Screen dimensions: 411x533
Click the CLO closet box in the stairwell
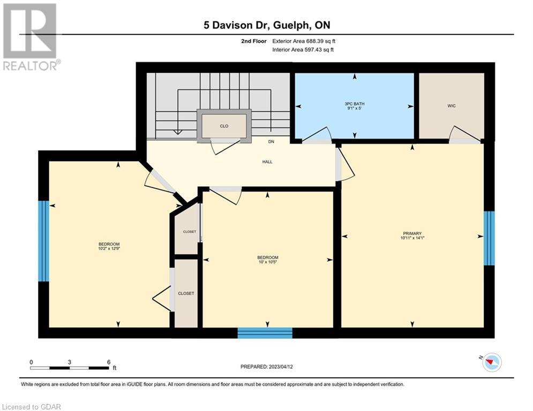pyautogui.click(x=224, y=126)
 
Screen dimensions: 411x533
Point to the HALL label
pyautogui.click(x=267, y=162)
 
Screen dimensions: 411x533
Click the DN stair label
pyautogui.click(x=271, y=141)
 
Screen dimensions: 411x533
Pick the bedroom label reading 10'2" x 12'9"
pyautogui.click(x=109, y=247)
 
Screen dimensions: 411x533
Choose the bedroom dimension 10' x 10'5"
pyautogui.click(x=267, y=262)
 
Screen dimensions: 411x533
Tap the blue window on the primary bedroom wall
pyautogui.click(x=489, y=238)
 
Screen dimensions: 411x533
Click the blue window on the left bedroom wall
pyautogui.click(x=43, y=241)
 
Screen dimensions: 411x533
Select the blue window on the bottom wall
pyautogui.click(x=265, y=333)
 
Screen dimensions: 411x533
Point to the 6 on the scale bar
pyautogui.click(x=109, y=362)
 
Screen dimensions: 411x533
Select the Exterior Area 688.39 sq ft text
pyautogui.click(x=304, y=41)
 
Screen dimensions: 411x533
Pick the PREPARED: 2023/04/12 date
pyautogui.click(x=267, y=367)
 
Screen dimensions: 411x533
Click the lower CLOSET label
pyautogui.click(x=186, y=293)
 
